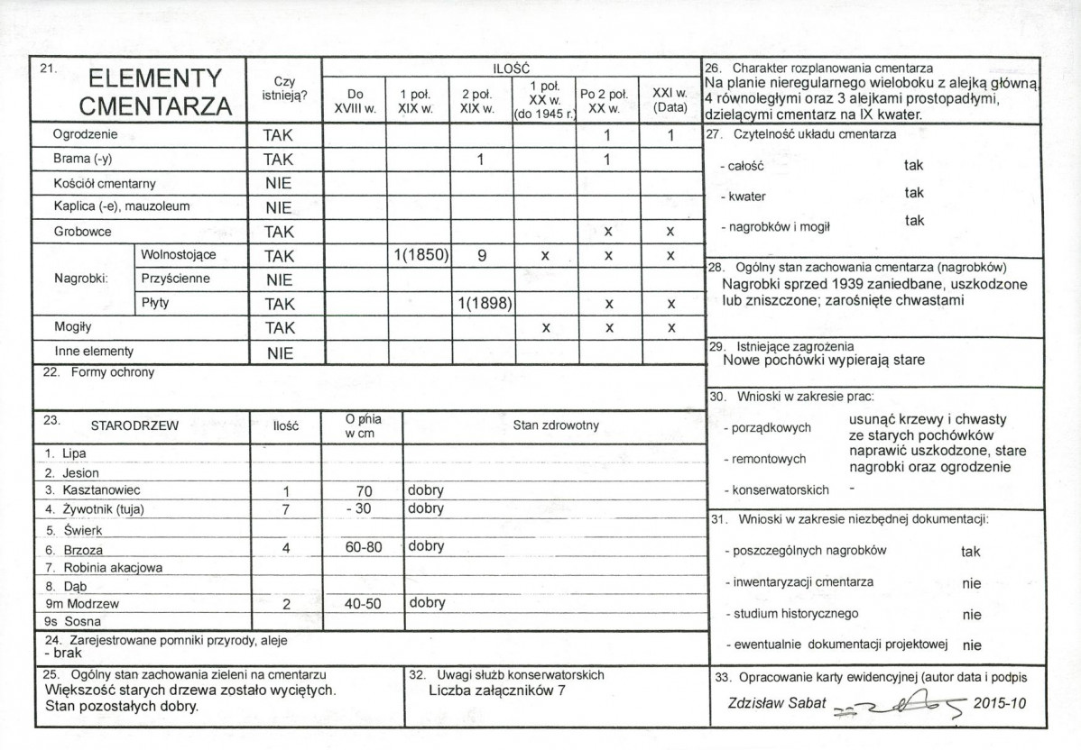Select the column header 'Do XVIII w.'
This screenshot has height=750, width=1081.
(354, 100)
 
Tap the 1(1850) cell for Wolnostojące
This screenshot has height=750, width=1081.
(418, 255)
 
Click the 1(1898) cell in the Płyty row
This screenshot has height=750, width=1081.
(482, 303)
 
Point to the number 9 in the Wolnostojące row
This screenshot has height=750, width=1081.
(482, 255)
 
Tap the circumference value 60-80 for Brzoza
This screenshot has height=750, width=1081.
(364, 546)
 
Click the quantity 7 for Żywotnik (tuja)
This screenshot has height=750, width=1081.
(284, 509)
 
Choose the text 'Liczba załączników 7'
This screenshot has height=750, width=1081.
(499, 691)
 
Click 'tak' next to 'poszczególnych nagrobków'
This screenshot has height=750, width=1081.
(971, 552)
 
